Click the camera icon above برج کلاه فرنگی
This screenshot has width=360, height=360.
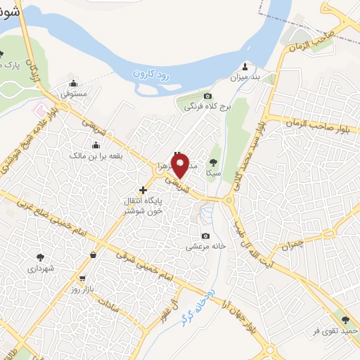click(207, 96)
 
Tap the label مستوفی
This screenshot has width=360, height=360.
click(73, 93)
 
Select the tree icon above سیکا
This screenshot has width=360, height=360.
click(213, 160)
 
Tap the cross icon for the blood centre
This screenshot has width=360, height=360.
click(143, 189)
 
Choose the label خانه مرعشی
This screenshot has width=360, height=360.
click(205, 247)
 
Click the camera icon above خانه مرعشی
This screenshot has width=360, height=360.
click(205, 236)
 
